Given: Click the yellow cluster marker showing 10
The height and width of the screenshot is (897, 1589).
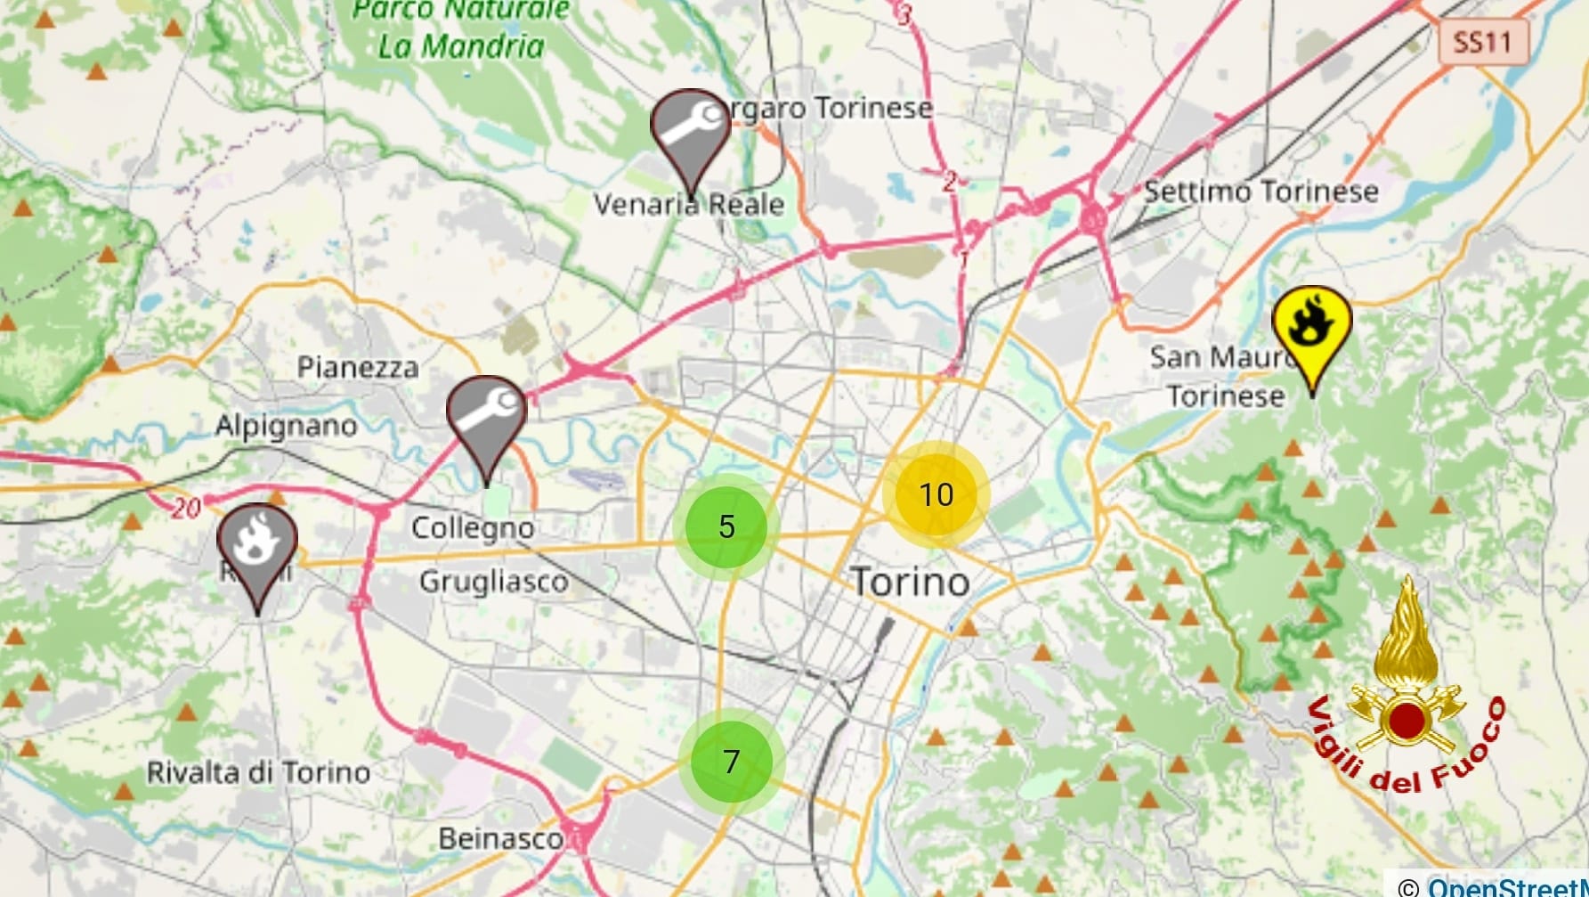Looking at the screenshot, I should tap(936, 494).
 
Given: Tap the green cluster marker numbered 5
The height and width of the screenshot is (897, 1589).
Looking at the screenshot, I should tap(726, 526).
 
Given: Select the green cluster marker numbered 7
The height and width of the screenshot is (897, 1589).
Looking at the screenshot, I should tap(731, 762).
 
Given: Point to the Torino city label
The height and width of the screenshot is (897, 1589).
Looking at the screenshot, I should tap(911, 583).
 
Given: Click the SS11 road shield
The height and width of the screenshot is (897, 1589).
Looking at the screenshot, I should tap(1482, 42).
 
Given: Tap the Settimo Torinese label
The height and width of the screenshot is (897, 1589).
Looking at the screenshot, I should tap(1261, 192).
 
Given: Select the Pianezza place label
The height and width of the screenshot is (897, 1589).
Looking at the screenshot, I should tap(357, 367).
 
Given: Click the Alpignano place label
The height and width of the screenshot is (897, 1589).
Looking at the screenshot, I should tap(286, 426).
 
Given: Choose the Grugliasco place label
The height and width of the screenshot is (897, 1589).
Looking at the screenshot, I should tap(493, 583).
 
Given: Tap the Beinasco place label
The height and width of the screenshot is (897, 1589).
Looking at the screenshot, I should tap(500, 838).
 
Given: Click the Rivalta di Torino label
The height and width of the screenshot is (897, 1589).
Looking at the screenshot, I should tap(258, 772).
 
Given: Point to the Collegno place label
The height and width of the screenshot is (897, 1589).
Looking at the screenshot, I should tap(473, 528).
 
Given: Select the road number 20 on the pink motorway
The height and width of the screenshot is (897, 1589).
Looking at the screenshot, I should tap(186, 509).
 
